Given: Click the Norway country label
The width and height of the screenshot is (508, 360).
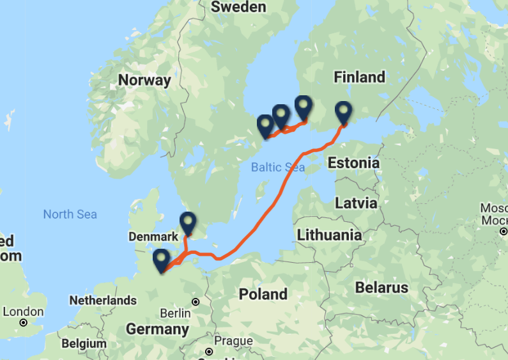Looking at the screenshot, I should point(144,81).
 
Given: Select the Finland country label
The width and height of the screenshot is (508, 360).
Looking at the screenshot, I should point(359,77).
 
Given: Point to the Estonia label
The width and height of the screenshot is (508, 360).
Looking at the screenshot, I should point(353,163).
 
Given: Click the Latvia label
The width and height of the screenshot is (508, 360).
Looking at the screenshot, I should point(356,203).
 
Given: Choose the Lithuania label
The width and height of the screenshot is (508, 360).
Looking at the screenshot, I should point(328,235).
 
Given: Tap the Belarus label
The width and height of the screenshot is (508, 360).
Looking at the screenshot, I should point(381,288).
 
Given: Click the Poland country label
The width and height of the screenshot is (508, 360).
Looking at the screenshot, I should point(263,295).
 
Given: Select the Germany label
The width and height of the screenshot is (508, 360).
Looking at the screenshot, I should point(157,329).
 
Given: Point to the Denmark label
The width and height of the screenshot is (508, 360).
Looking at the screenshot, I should point(153,237).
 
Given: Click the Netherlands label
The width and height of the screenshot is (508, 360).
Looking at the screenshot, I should point(103,300).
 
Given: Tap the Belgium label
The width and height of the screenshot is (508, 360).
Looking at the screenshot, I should point(84,343).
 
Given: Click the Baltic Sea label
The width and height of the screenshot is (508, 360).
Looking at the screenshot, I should point(277,168).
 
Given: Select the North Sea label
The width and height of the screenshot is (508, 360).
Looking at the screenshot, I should point(70,214).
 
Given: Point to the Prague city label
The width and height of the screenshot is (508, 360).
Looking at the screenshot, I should point(234,341).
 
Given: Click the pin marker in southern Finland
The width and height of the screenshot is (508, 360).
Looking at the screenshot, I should point(344,113).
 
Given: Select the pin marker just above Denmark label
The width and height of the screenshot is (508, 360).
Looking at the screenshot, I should point(187,223).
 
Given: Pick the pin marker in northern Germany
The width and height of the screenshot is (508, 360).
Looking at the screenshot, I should point(161,260).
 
